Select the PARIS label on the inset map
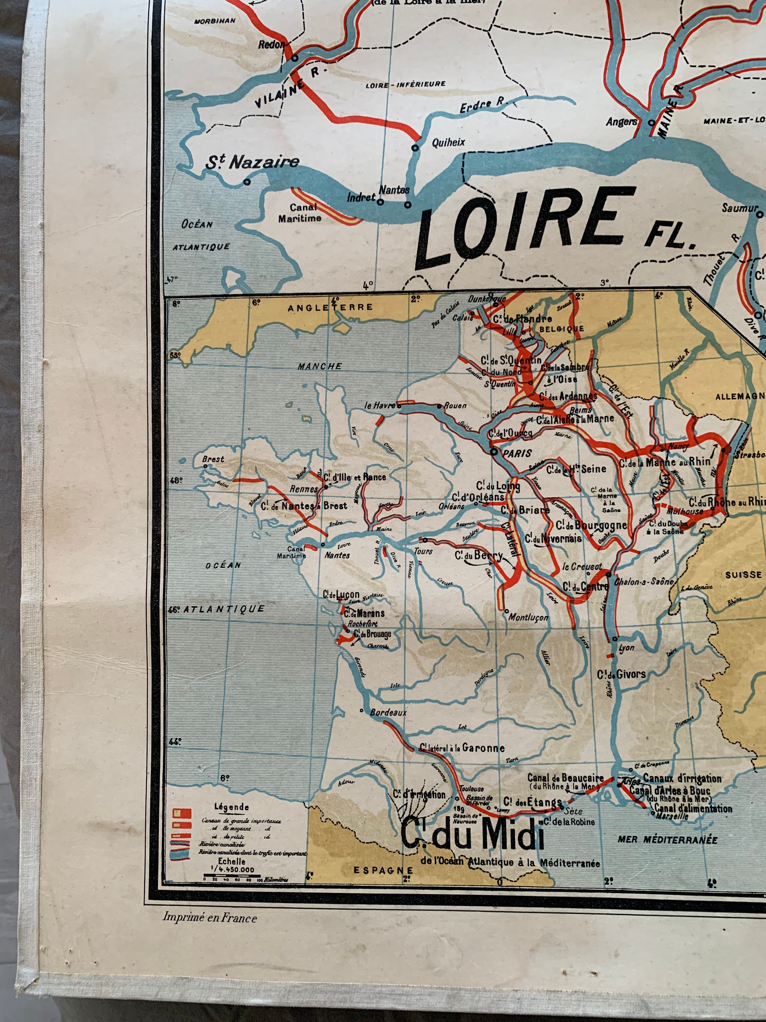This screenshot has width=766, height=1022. (x=517, y=453)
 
